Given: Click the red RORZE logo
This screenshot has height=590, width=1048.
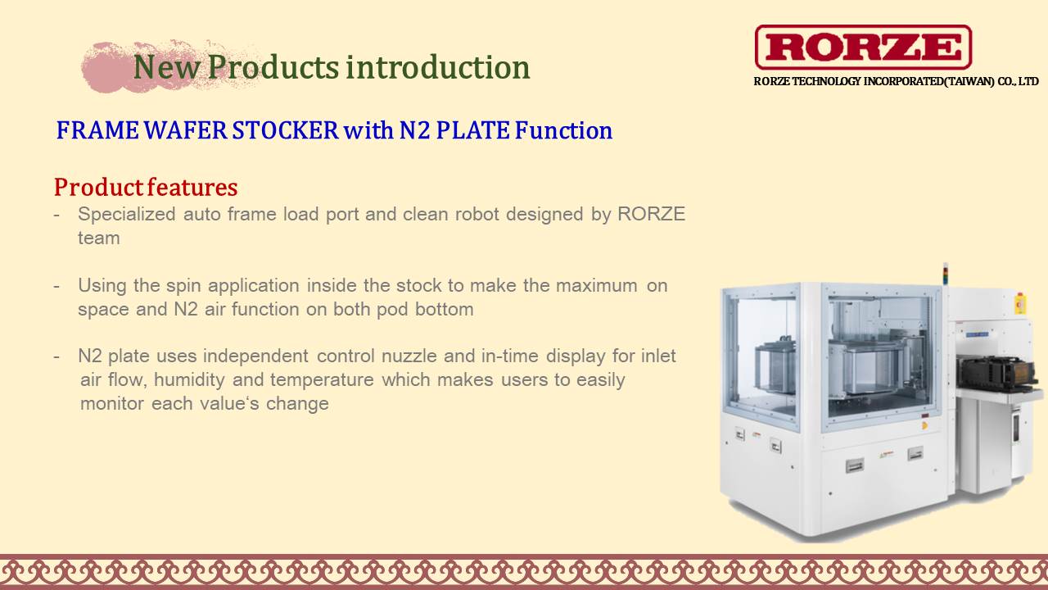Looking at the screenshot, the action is pyautogui.click(x=863, y=47).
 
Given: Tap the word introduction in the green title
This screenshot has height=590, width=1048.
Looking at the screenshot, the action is pyautogui.click(x=438, y=67).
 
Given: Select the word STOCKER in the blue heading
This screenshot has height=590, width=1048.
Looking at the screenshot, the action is pyautogui.click(x=286, y=130).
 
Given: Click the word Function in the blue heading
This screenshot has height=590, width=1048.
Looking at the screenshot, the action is pyautogui.click(x=564, y=130).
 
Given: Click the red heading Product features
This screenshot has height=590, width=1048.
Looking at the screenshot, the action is pyautogui.click(x=146, y=188).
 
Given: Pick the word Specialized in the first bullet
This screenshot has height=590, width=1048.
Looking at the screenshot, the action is pyautogui.click(x=127, y=215).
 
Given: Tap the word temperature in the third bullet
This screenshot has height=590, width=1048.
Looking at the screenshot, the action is pyautogui.click(x=322, y=379).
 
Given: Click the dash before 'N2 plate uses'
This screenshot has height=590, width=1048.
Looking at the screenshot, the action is pyautogui.click(x=56, y=356).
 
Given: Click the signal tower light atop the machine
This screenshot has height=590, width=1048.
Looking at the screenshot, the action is pyautogui.click(x=945, y=274).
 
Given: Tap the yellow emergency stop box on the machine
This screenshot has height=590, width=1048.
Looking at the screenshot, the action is pyautogui.click(x=1020, y=303).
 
